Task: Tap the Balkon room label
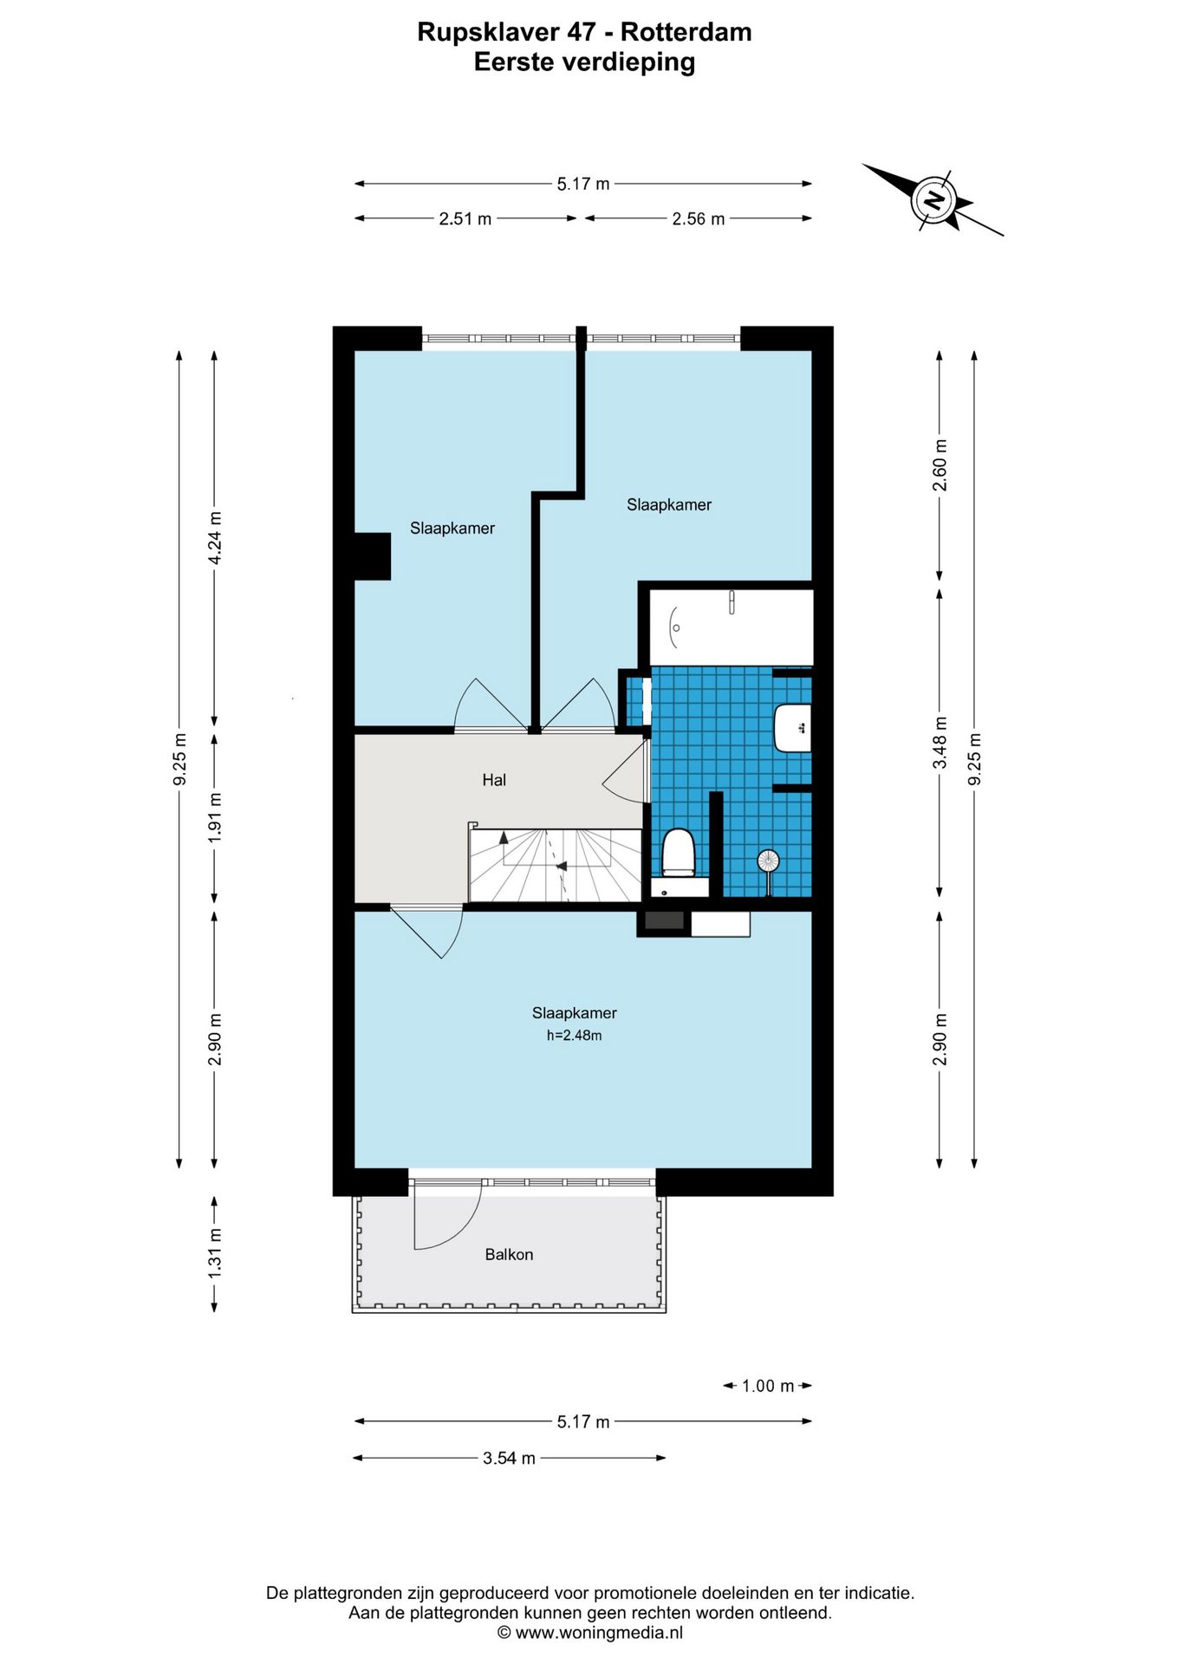tap(509, 1254)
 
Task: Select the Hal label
tap(494, 780)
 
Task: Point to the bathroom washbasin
tap(792, 728)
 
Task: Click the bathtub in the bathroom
tap(732, 627)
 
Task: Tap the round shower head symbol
tap(768, 861)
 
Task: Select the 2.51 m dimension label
tap(465, 219)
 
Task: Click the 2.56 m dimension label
tap(699, 219)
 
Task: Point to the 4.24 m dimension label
tap(215, 537)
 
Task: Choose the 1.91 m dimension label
tap(215, 817)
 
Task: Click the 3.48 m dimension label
tap(940, 743)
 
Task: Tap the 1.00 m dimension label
tap(768, 1386)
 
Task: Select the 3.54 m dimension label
tap(509, 1459)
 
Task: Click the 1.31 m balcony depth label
tap(215, 1253)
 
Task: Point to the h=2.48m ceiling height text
tap(574, 1035)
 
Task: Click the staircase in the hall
tap(556, 866)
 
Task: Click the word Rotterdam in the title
tap(686, 32)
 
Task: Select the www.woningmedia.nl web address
tap(599, 1633)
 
